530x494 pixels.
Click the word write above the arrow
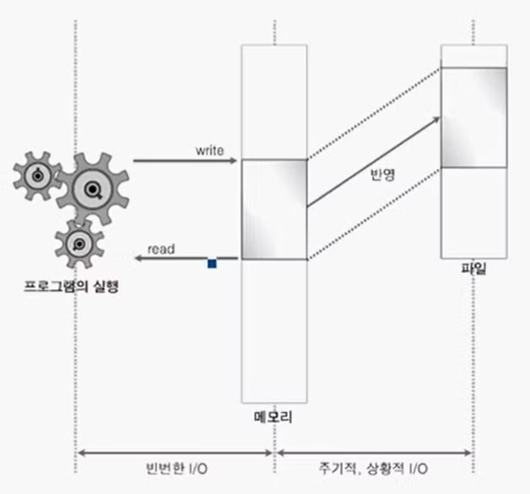(x=209, y=151)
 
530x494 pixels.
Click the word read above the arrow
(x=161, y=249)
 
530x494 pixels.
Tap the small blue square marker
(x=212, y=263)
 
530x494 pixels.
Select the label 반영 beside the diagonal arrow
(x=382, y=175)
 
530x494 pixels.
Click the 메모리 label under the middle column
(x=273, y=416)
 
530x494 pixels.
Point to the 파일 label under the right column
(x=474, y=269)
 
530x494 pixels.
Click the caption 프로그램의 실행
(x=72, y=287)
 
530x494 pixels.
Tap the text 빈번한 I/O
(x=176, y=469)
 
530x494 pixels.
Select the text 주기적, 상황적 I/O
(x=373, y=469)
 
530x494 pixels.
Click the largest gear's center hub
(x=92, y=189)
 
